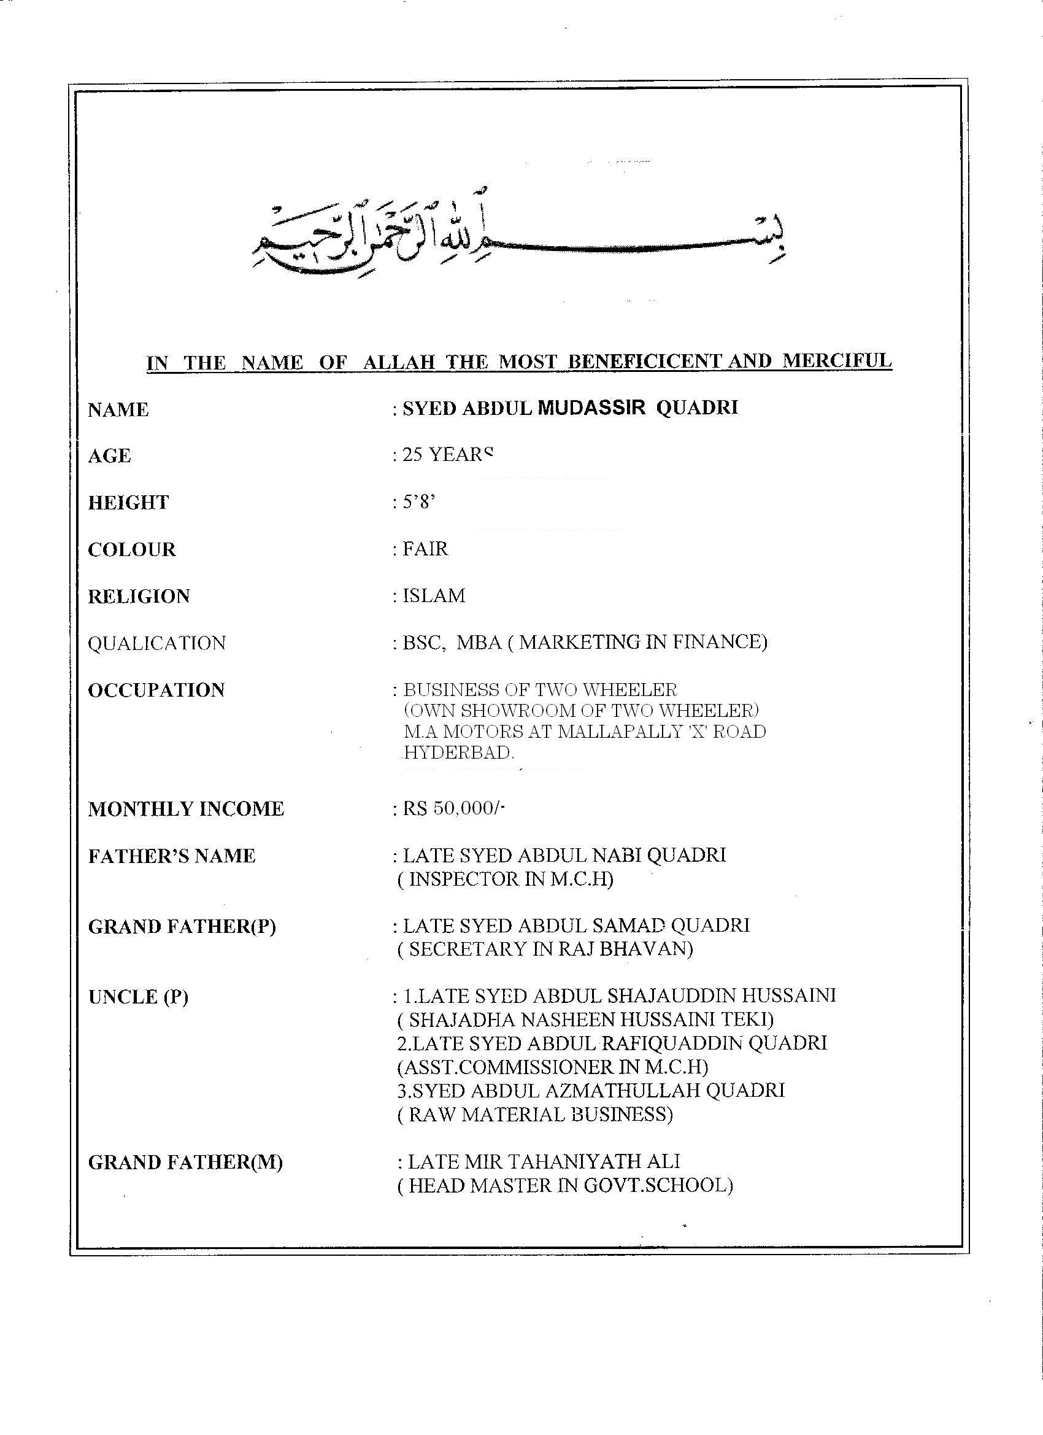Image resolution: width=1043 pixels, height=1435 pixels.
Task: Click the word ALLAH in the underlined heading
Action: (399, 363)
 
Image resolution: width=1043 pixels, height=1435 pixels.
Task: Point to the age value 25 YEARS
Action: (448, 455)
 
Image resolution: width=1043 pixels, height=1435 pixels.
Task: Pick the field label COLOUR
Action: (131, 549)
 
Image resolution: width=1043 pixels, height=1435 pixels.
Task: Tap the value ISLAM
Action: (434, 595)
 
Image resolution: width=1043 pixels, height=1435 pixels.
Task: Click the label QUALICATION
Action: (156, 643)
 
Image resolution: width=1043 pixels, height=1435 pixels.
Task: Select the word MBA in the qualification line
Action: (479, 642)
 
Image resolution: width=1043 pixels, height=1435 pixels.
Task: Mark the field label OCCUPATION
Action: (156, 690)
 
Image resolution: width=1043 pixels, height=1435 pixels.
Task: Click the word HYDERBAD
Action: (458, 752)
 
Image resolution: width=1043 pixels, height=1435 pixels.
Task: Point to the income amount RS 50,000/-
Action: (453, 808)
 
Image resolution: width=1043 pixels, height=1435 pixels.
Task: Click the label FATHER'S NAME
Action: (171, 856)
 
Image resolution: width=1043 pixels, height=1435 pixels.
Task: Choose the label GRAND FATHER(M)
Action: (185, 1162)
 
